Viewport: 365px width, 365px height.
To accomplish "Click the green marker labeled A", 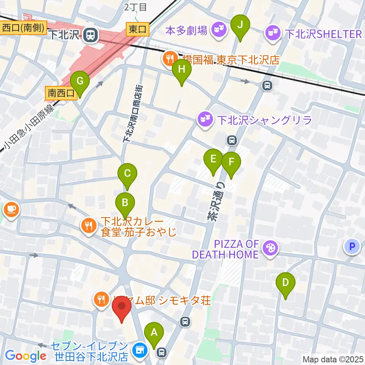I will [x=154, y=333].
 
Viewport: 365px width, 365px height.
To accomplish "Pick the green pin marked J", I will [x=240, y=25].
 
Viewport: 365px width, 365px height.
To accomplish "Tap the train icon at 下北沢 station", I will [x=90, y=35].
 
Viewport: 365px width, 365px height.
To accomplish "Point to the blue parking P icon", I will [x=352, y=247].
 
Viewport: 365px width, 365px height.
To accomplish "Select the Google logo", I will [x=25, y=356].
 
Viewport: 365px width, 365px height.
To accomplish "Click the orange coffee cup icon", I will [x=10, y=209].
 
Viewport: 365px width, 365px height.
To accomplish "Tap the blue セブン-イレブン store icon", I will [x=139, y=349].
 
